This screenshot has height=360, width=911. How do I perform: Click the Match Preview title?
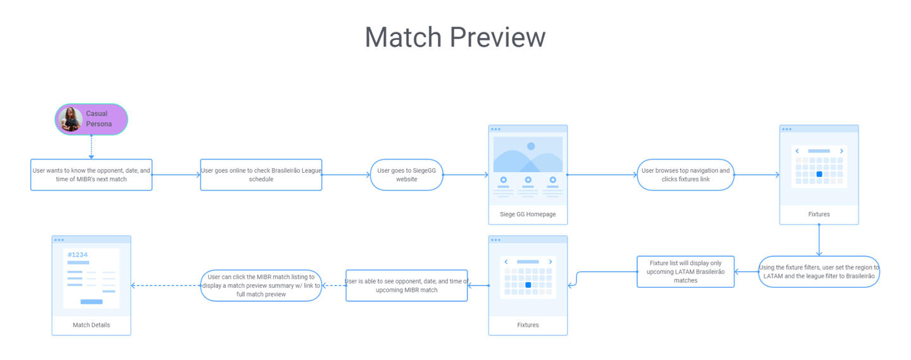(x=455, y=37)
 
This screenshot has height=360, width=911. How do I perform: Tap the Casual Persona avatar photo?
(x=70, y=119)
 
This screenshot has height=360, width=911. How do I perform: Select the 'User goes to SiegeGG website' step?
(x=406, y=175)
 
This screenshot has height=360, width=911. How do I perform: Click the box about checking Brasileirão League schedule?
(x=261, y=175)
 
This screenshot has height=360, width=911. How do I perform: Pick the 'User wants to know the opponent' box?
(x=92, y=175)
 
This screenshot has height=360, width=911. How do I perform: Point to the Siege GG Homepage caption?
(x=528, y=214)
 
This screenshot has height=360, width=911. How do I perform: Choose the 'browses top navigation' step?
(x=685, y=175)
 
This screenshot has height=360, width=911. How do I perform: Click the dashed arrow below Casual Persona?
(x=92, y=147)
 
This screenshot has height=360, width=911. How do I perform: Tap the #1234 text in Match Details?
(x=78, y=254)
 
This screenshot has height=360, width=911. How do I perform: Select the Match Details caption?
(x=91, y=325)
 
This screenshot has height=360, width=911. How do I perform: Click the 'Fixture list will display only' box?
(x=685, y=271)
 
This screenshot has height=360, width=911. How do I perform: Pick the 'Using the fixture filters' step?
(x=819, y=271)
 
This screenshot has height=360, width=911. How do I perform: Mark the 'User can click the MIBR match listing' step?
(x=261, y=285)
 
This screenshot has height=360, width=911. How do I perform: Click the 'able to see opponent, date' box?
(x=406, y=285)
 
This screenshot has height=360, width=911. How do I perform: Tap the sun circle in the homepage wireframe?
(x=531, y=146)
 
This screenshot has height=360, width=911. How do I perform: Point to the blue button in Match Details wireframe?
(x=92, y=302)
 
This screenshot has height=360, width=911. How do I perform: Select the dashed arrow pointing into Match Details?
(x=166, y=285)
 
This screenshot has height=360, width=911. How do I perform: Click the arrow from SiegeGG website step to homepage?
(x=466, y=175)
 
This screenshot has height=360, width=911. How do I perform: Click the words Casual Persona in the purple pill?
(x=99, y=119)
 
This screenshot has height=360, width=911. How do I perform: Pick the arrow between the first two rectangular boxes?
(x=176, y=175)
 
